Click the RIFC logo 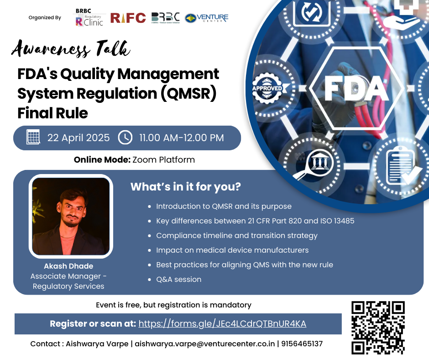tap(128, 18)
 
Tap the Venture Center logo tap(207, 18)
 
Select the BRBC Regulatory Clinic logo tap(89, 17)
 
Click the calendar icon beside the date tap(33, 137)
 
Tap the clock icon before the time tap(125, 138)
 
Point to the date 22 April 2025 tap(78, 138)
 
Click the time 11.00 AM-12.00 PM tap(181, 138)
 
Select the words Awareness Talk tap(71, 48)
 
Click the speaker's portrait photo tap(71, 217)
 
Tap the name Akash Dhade tap(68, 266)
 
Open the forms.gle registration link tap(222, 323)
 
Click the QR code tap(378, 328)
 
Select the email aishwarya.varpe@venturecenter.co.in tap(204, 344)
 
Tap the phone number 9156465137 tap(302, 344)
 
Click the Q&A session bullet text tap(178, 280)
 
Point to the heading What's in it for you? tap(185, 186)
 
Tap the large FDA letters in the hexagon tap(356, 88)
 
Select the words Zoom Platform tap(163, 160)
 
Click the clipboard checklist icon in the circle tap(400, 165)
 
